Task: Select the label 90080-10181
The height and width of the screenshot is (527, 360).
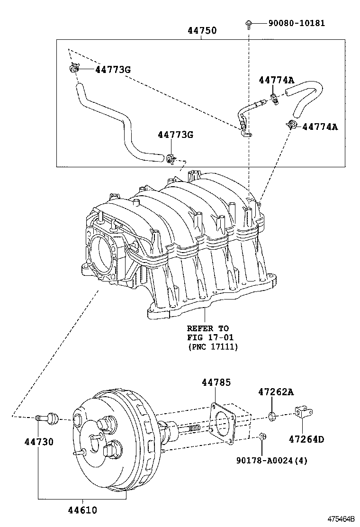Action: point(297,23)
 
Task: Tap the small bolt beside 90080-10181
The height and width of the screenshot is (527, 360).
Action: point(248,23)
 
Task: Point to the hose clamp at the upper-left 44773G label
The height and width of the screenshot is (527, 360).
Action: point(72,69)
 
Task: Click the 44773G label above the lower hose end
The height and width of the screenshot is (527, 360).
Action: point(175,135)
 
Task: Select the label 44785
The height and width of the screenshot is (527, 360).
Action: point(216,382)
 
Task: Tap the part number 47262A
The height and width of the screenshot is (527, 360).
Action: point(276,392)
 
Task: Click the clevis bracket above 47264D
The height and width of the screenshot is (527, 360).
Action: point(302,412)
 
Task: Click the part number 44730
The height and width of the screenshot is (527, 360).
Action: point(39,442)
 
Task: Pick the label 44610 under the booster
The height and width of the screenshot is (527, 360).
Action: point(82,510)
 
